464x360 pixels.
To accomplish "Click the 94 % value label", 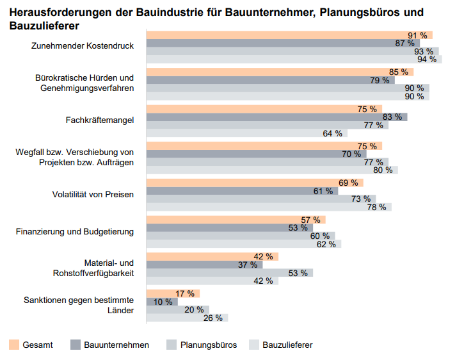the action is (427, 60).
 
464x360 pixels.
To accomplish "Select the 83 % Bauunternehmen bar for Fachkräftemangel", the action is (276, 117).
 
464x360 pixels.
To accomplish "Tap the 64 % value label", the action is (332, 133).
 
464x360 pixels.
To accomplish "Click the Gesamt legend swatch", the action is (14, 345).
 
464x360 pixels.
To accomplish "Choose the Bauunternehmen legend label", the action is (116, 345).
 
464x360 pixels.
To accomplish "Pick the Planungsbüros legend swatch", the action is (172, 345).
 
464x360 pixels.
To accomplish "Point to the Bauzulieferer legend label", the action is (287, 345).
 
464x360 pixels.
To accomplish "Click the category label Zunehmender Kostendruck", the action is (83, 46).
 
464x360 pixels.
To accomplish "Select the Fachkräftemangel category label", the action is (100, 120).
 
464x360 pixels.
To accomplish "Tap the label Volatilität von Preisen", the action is (93, 194).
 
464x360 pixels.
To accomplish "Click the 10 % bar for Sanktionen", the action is (162, 302).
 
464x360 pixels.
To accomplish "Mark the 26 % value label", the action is (212, 318).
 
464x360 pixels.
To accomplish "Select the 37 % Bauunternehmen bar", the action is (204, 265).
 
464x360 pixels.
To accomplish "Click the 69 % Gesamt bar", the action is (255, 183).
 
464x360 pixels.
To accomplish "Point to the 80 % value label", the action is (383, 170).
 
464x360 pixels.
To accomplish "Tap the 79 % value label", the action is (380, 80).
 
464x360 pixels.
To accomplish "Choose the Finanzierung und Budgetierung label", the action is (75, 231).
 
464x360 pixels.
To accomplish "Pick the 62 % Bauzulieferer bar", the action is (244, 244).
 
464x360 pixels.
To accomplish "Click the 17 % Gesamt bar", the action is (173, 293).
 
